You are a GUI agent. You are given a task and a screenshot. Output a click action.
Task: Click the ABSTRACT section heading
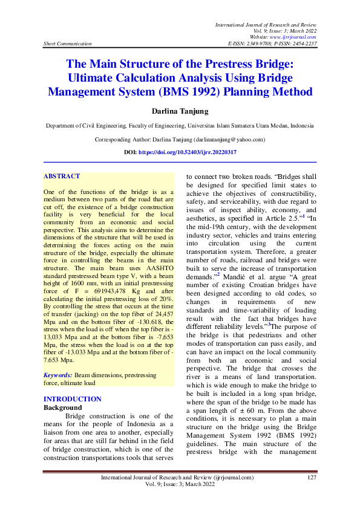(x=61, y=176)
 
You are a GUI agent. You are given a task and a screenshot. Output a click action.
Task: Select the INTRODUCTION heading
(x=73, y=399)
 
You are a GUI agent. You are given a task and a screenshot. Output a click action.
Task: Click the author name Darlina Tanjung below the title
(x=180, y=111)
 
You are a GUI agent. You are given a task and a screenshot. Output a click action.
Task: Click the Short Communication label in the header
(x=68, y=44)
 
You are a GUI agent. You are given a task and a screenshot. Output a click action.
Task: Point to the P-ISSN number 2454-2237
(x=304, y=44)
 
